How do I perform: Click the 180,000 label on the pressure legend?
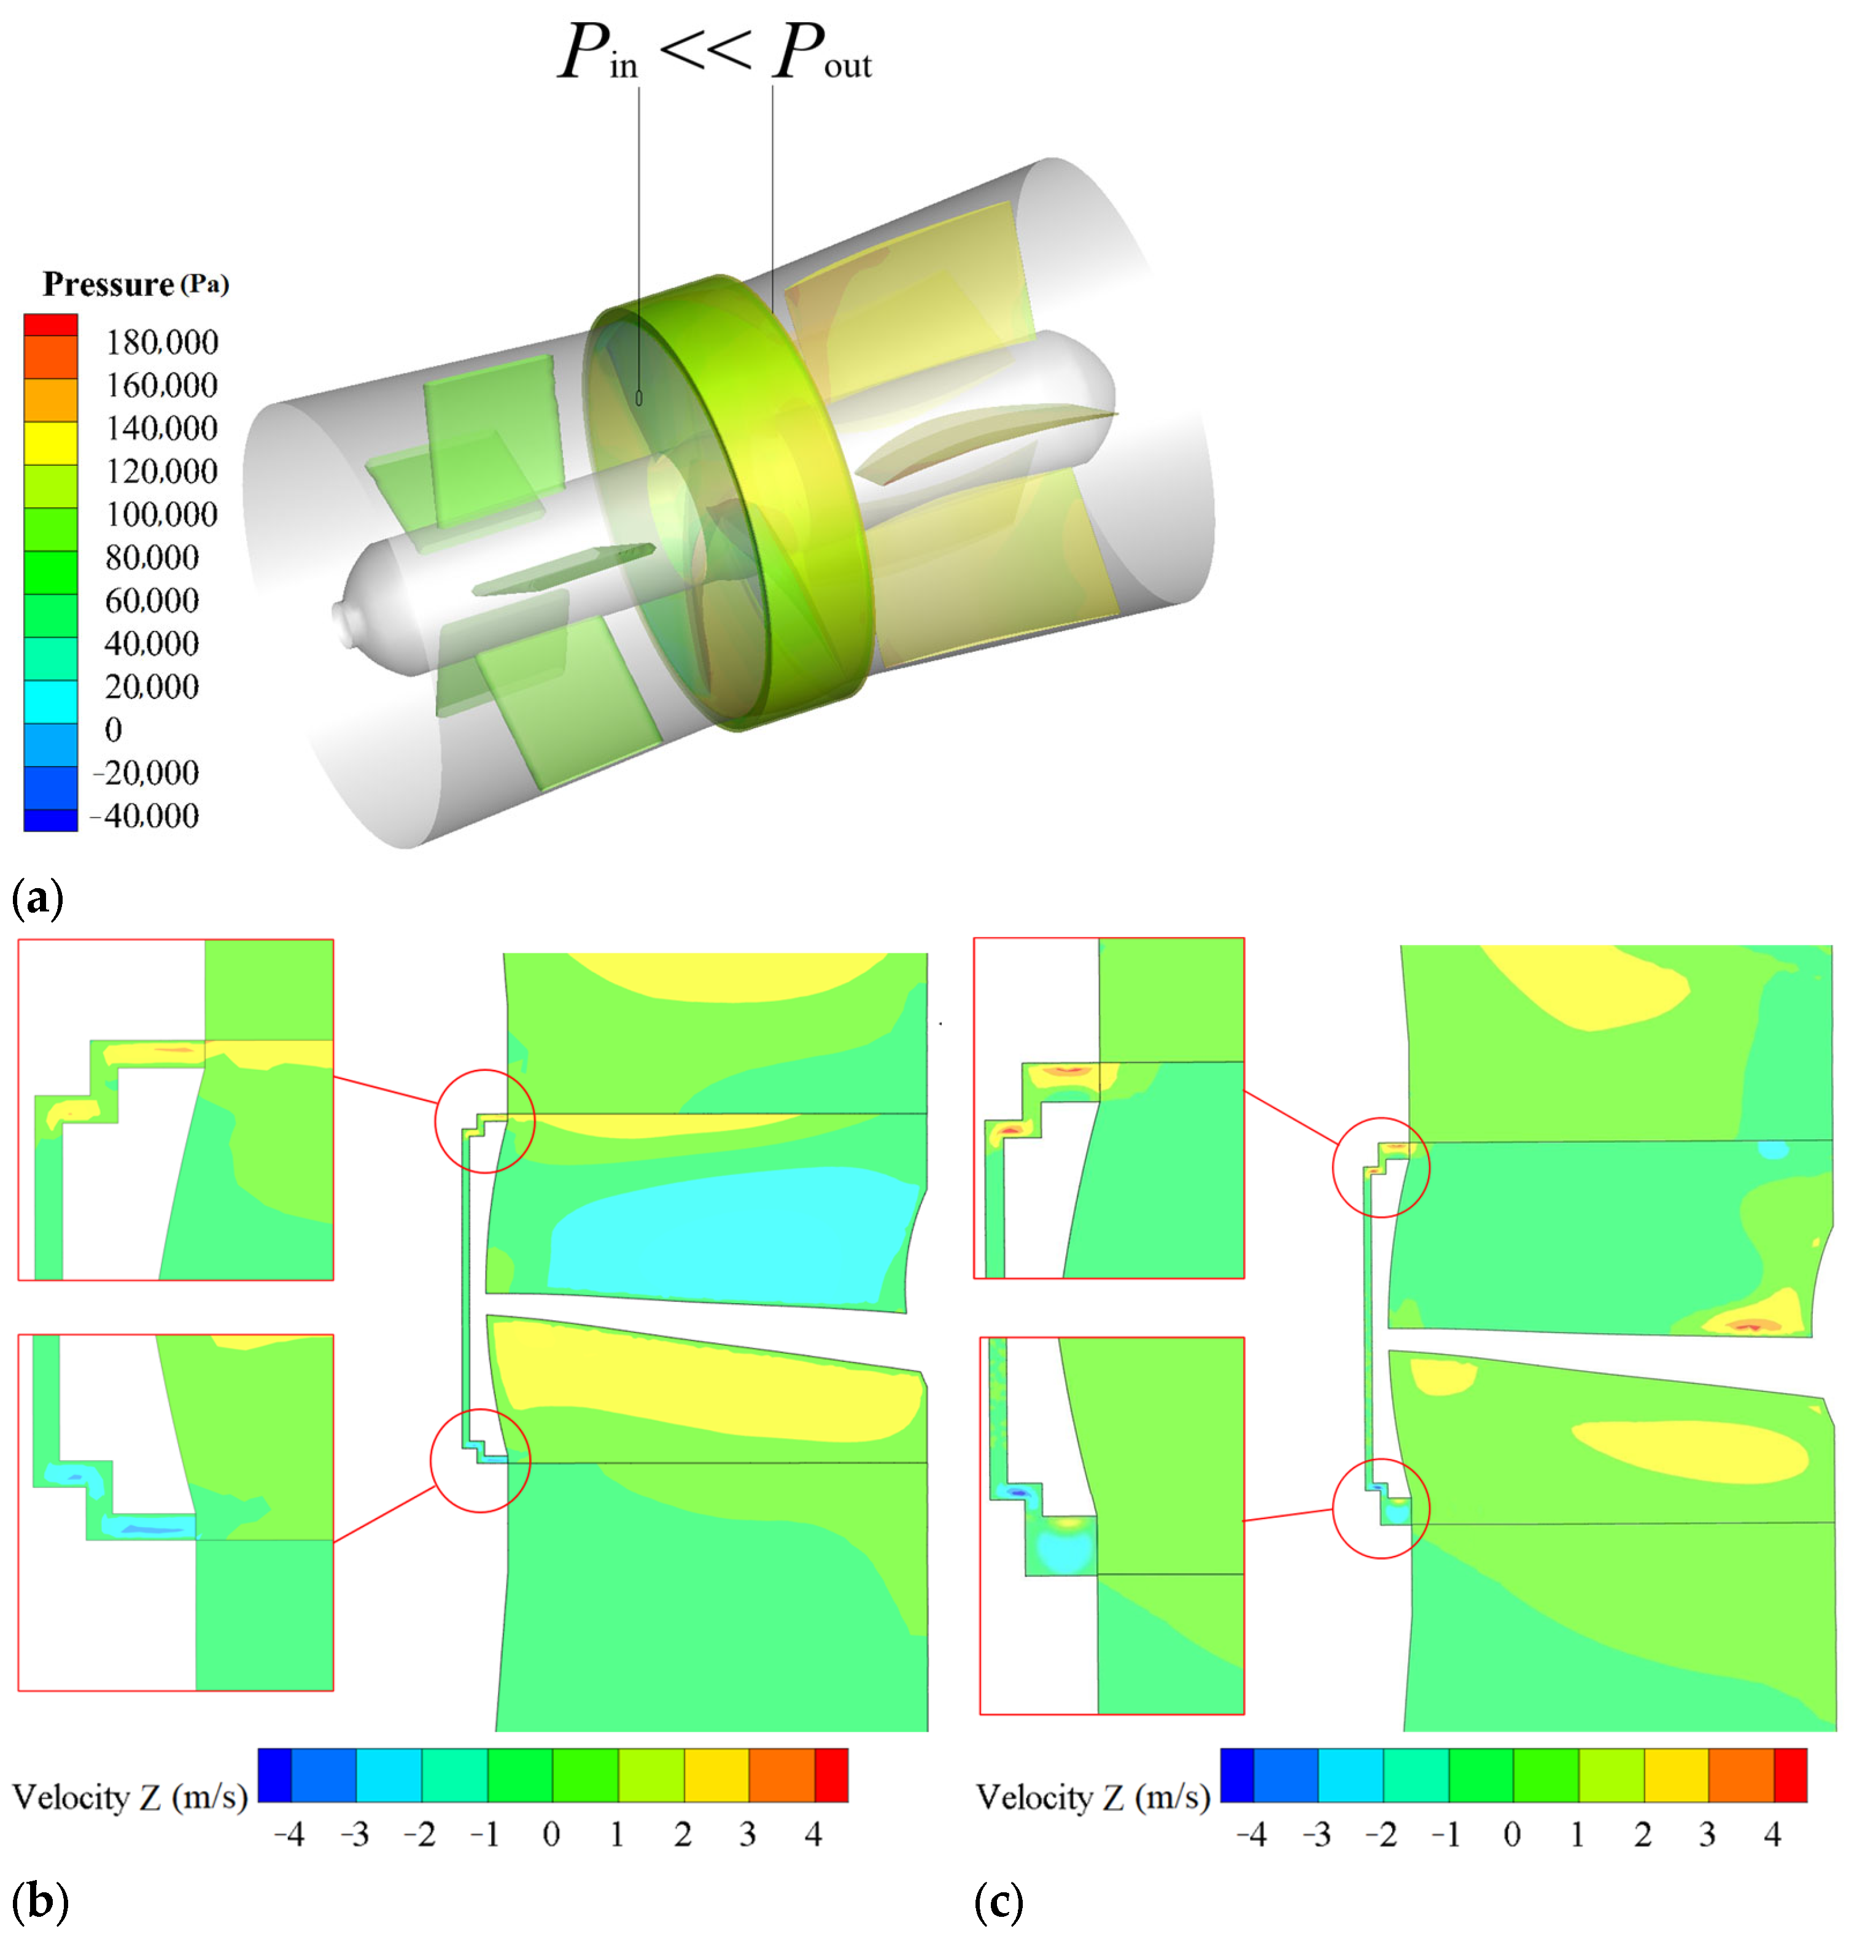(x=162, y=342)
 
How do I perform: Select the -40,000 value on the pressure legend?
(x=144, y=816)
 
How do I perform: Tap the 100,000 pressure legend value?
(x=162, y=514)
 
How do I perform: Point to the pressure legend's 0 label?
(x=114, y=730)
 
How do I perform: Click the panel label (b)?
(x=39, y=1900)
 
